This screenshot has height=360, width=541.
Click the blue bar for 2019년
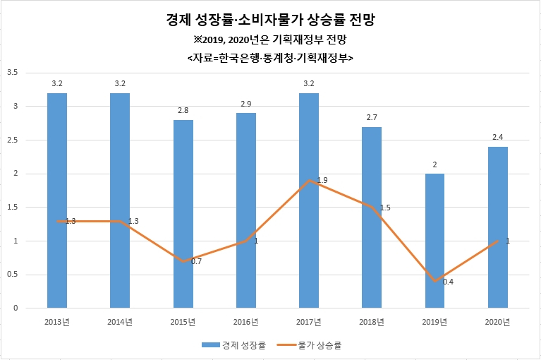(x=434, y=241)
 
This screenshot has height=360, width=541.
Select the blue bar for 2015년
(x=183, y=214)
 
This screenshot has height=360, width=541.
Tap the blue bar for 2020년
(x=497, y=227)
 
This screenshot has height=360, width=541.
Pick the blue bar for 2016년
(x=246, y=210)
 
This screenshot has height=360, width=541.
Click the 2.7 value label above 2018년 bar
(x=372, y=117)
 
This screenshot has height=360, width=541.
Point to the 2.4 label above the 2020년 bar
(x=497, y=137)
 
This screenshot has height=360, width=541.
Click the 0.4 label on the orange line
(x=448, y=282)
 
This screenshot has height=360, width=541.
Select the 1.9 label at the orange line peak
(x=322, y=180)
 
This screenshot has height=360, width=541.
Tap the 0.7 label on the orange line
(x=196, y=261)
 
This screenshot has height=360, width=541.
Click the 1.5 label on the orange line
(x=385, y=208)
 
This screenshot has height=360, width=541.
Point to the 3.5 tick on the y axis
(x=13, y=73)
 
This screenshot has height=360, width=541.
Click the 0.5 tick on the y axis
(x=13, y=275)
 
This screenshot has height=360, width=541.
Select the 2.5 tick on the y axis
(x=13, y=140)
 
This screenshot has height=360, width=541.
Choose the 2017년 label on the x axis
(x=309, y=322)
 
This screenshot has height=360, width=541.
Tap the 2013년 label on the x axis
(x=57, y=322)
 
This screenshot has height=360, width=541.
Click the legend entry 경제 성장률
(x=233, y=344)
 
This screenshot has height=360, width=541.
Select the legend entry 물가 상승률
(x=309, y=344)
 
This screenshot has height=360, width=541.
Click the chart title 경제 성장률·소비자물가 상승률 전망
(x=271, y=20)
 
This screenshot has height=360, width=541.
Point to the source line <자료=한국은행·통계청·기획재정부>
(x=271, y=58)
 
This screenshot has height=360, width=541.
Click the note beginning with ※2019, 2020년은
(x=270, y=40)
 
